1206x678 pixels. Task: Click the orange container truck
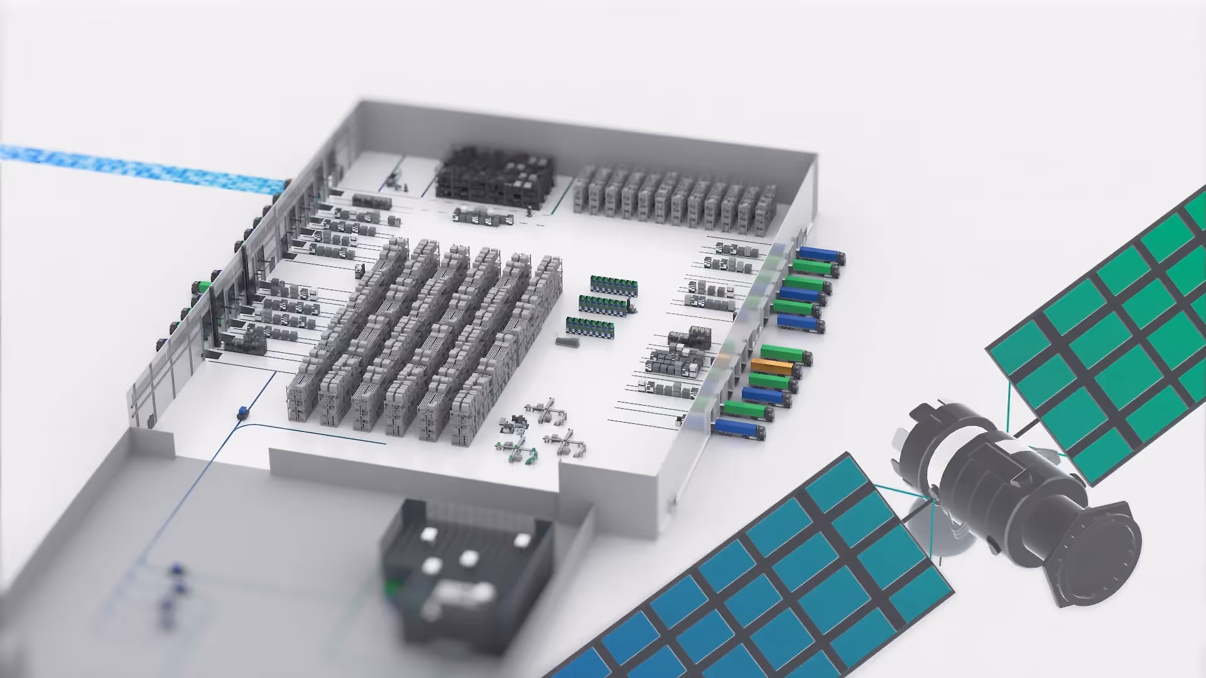[772, 367]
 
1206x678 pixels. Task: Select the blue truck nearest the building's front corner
[739, 428]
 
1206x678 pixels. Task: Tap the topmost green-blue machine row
[614, 285]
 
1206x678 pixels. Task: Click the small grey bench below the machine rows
[567, 342]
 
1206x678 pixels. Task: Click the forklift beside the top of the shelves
[359, 271]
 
